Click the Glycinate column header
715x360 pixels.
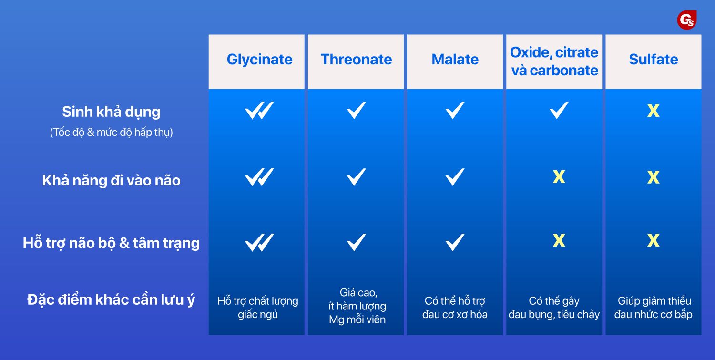(259, 60)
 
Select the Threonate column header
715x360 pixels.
(356, 60)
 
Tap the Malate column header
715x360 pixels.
(455, 60)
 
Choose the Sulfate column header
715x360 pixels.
(654, 60)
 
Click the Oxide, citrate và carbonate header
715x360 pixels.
(554, 62)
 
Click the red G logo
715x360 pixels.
(686, 20)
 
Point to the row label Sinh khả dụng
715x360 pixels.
(111, 112)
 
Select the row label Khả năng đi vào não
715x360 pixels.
(111, 180)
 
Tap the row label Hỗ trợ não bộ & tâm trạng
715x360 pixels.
(111, 243)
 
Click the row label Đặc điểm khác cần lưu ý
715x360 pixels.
(111, 299)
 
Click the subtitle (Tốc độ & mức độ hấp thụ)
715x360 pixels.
(111, 132)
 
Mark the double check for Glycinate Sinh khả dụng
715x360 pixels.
(259, 111)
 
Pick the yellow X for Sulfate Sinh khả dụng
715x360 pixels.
(654, 111)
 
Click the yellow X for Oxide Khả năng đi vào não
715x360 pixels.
(559, 176)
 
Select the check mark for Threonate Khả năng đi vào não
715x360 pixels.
(356, 176)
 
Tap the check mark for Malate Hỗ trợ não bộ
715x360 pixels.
(455, 242)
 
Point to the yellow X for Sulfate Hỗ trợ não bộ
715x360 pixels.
(654, 240)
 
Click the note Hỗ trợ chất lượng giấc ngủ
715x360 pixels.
(257, 308)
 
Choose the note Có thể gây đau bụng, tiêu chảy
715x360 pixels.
(554, 308)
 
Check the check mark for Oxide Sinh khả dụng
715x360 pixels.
(559, 110)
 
